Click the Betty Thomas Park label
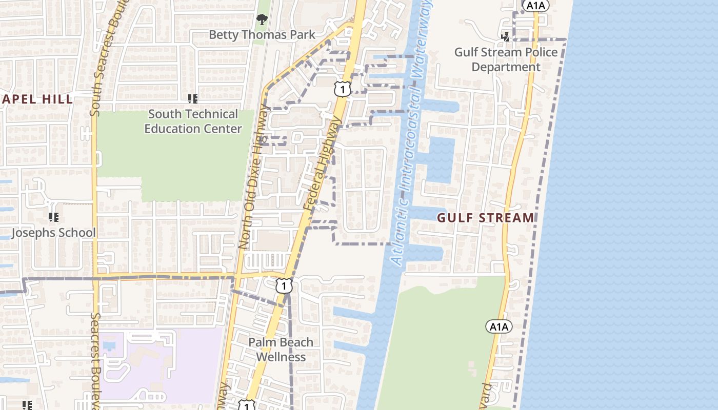(x=262, y=35)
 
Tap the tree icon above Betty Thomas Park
(x=262, y=20)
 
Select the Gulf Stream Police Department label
(x=506, y=59)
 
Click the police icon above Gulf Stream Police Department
(x=506, y=36)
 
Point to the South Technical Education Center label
(x=193, y=121)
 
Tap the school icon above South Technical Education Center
(x=193, y=98)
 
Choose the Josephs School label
(x=53, y=233)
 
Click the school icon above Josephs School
(x=53, y=217)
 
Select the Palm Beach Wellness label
(x=281, y=349)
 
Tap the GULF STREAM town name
(x=485, y=218)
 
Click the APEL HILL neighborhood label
(x=37, y=99)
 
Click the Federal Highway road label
(x=322, y=163)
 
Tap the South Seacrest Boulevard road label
(x=95, y=58)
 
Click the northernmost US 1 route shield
(x=342, y=89)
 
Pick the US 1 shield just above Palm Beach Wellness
(x=284, y=285)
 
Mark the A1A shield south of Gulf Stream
(x=498, y=326)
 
